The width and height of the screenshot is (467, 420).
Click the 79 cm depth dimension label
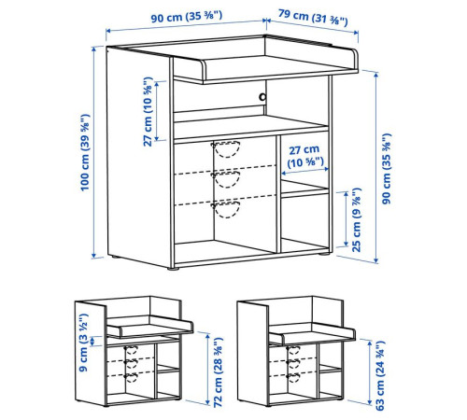point(313,18)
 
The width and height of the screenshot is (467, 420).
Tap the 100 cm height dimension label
point(85,152)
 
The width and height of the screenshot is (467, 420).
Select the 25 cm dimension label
point(356,220)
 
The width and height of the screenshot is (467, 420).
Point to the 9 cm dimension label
point(83,343)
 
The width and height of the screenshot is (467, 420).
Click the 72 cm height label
point(219,372)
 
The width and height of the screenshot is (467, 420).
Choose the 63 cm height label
point(380,376)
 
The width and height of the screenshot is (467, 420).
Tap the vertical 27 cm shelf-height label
point(148,111)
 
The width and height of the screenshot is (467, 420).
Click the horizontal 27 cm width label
point(304,156)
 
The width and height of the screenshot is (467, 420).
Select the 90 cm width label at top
point(187,17)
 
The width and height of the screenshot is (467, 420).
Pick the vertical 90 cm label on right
point(387,169)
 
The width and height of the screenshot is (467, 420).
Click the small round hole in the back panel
point(262,97)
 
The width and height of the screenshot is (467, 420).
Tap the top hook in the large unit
point(226,149)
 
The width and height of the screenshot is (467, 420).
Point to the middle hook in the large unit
point(226,179)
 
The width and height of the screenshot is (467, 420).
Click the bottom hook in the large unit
point(226,209)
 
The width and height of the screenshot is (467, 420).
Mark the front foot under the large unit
point(174,268)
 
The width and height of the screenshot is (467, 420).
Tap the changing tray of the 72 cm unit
point(150,327)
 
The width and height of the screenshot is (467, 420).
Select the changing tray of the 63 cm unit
point(312,333)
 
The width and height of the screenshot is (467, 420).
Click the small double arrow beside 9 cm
point(92,342)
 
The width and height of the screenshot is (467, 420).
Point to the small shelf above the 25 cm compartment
point(304,189)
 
